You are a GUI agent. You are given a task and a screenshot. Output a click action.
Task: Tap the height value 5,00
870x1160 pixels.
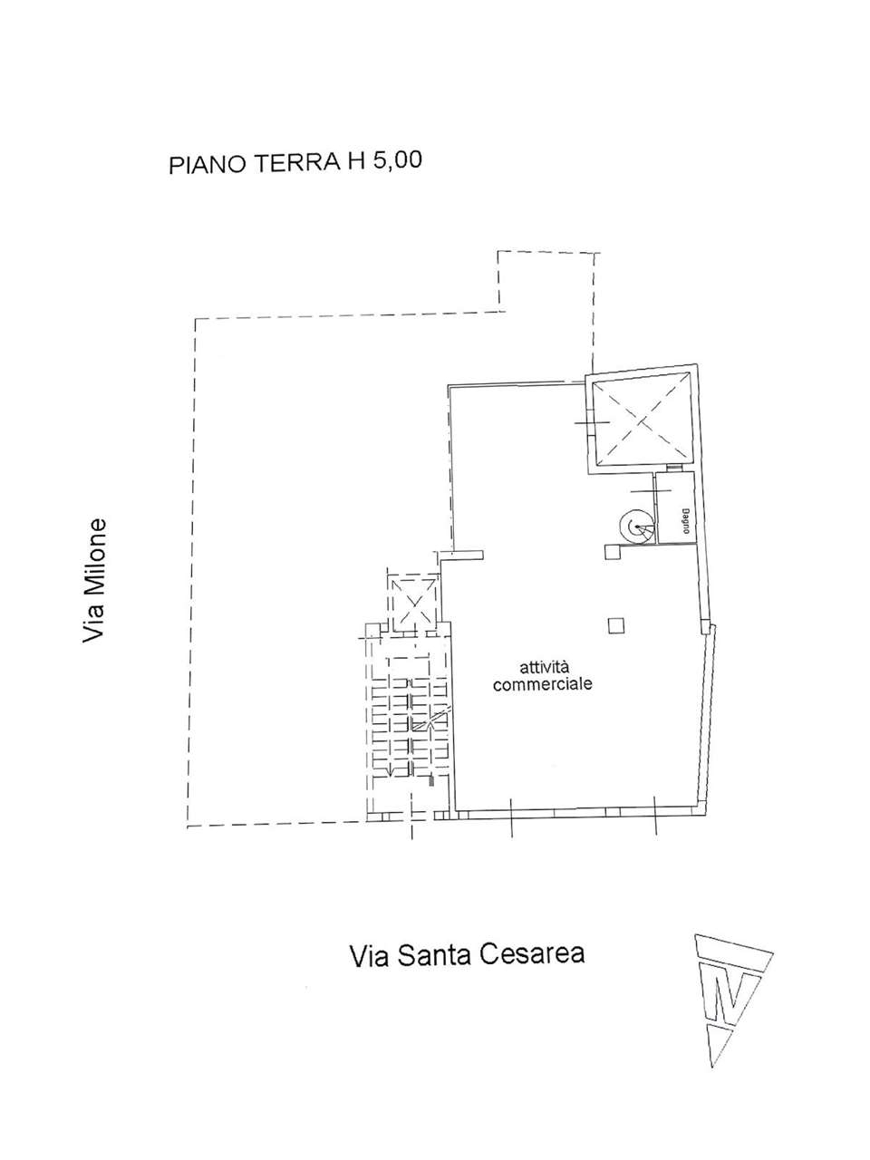397,160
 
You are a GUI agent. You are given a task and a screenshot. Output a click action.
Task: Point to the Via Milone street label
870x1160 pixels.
94,581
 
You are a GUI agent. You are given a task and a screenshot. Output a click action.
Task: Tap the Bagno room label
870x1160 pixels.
685,522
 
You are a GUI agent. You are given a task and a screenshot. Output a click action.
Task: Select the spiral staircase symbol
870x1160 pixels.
636,527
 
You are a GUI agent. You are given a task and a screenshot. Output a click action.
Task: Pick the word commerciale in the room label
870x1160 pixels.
543,684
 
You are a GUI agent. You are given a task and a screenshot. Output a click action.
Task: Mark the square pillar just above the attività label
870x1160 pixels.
615,626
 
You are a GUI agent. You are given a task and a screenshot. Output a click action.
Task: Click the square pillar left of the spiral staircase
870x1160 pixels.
613,552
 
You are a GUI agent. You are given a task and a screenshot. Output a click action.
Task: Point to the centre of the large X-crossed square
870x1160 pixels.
640,421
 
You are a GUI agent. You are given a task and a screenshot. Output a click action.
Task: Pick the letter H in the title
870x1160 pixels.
355,161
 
